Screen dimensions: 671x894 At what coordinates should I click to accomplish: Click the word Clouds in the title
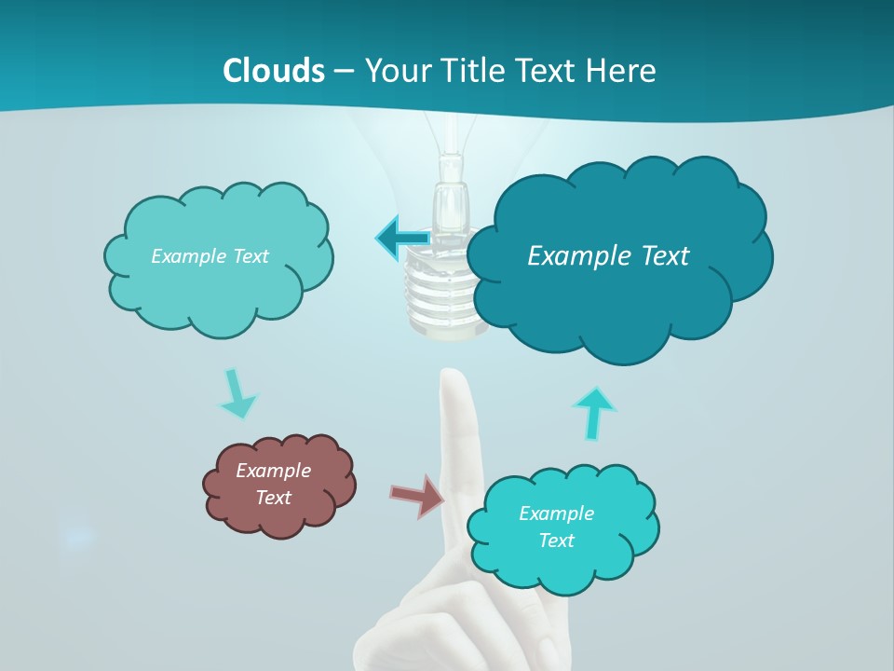coord(273,71)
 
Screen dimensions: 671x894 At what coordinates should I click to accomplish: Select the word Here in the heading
coord(623,71)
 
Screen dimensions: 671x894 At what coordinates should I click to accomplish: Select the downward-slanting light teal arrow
coord(237,395)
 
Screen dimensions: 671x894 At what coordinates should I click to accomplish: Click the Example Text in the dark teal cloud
coord(608,256)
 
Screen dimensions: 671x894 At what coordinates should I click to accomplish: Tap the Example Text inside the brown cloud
coord(273,484)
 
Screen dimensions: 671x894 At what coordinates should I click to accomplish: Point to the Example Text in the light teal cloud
coord(210,256)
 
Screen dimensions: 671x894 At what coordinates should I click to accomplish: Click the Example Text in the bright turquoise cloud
coord(556,527)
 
